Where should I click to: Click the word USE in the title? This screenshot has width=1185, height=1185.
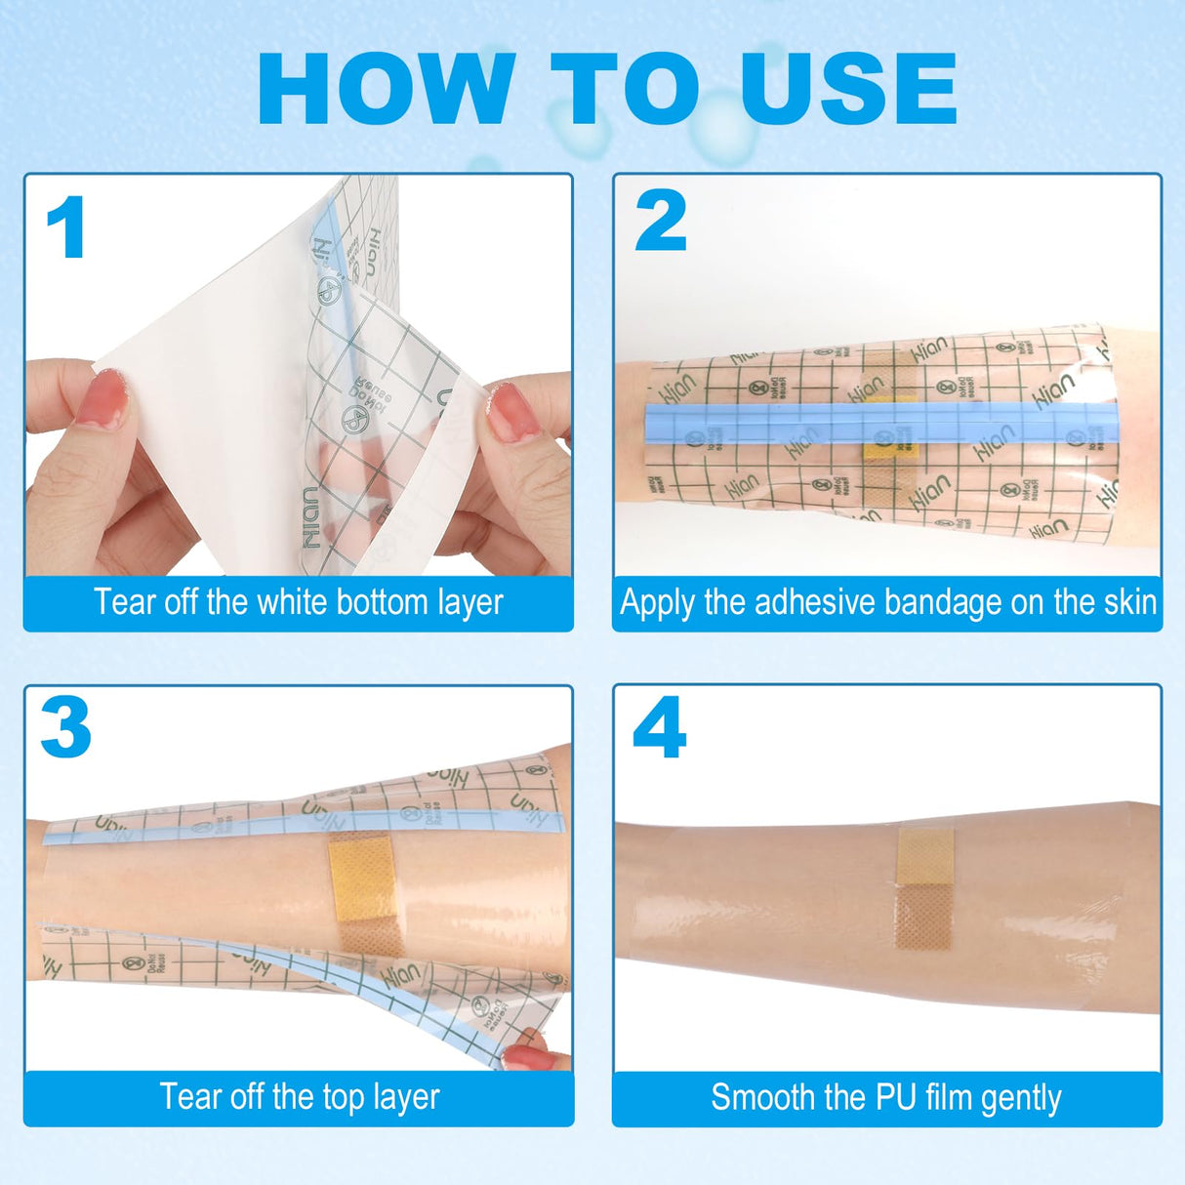[848, 89]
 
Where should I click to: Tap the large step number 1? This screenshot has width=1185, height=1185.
[66, 228]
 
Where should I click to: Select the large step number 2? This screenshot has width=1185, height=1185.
[661, 221]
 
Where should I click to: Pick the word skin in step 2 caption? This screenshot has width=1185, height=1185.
[1130, 602]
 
